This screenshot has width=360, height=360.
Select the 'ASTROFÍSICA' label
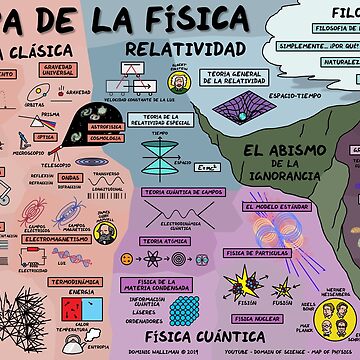tap(105, 129)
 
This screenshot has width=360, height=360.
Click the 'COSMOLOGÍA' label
tap(105, 139)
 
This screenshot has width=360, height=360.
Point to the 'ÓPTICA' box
tap(44, 136)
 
